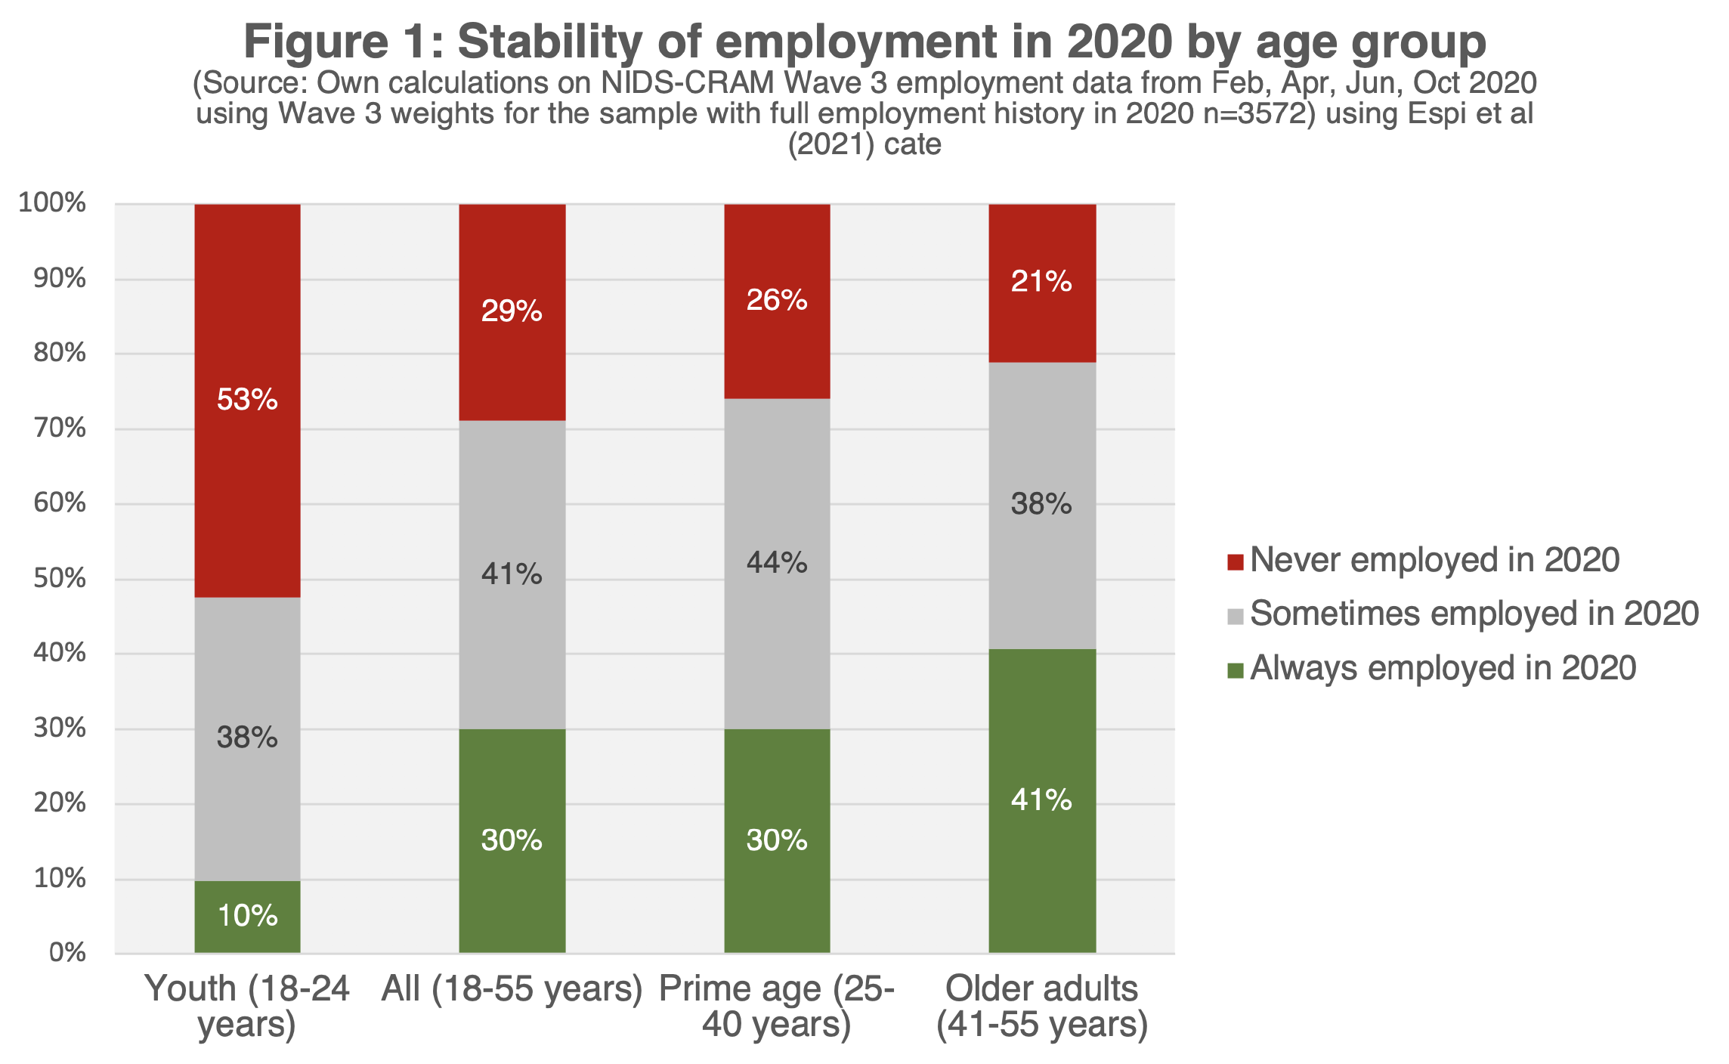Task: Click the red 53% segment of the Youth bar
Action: [x=247, y=453]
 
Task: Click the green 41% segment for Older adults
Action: [x=1042, y=831]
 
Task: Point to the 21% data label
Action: [x=1041, y=282]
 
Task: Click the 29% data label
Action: [x=512, y=311]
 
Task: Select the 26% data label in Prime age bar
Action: [x=777, y=301]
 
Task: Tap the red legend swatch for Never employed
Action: [x=1236, y=561]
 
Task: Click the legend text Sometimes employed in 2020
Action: [x=1474, y=614]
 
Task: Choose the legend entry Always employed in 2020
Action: [x=1443, y=669]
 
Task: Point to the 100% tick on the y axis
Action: [x=52, y=203]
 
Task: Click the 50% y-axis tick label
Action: [x=59, y=579]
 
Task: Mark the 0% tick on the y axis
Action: [x=67, y=953]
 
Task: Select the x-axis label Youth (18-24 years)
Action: [x=247, y=1006]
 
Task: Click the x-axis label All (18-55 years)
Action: [x=512, y=989]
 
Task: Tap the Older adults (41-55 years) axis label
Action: [x=1042, y=1006]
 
